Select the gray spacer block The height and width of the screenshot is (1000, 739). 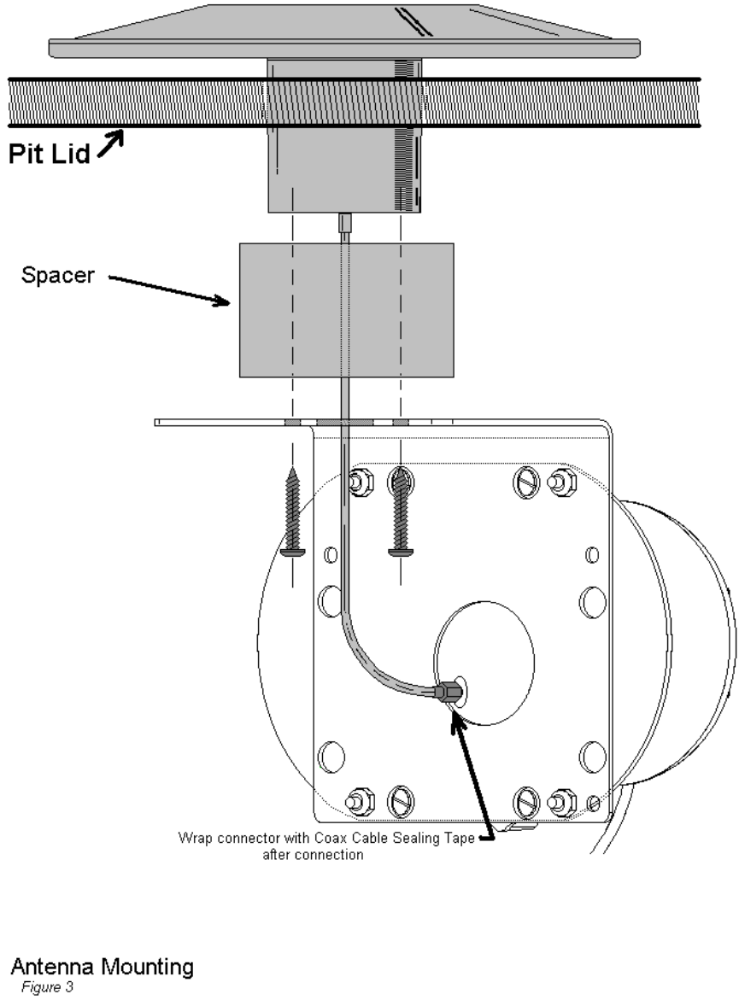(x=346, y=309)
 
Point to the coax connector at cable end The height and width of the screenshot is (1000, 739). (x=445, y=691)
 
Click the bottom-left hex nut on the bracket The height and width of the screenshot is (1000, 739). (x=354, y=803)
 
